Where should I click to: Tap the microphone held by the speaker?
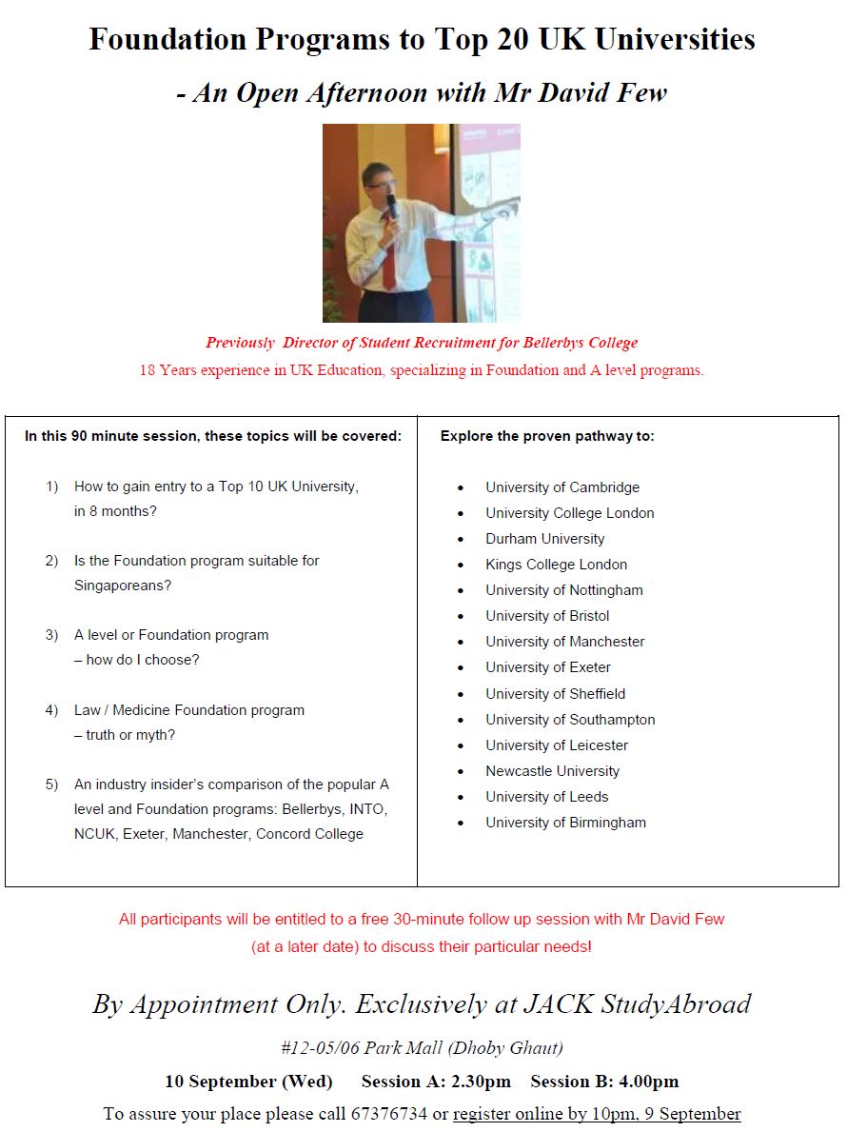click(x=391, y=205)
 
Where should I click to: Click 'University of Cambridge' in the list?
click(x=562, y=487)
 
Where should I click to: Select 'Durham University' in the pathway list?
click(x=544, y=539)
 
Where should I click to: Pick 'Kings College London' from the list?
click(x=556, y=565)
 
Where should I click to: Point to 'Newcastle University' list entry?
click(x=552, y=771)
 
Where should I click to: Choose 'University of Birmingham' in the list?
click(x=565, y=823)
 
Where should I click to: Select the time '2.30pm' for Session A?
click(x=483, y=1082)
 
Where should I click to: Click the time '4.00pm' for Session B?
click(x=649, y=1082)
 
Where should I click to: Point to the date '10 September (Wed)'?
click(x=248, y=1082)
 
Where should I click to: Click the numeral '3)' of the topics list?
click(x=51, y=635)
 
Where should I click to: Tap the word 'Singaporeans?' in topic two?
click(x=123, y=586)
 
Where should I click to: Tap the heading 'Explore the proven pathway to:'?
click(x=547, y=437)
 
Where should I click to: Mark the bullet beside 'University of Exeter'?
click(x=461, y=668)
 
